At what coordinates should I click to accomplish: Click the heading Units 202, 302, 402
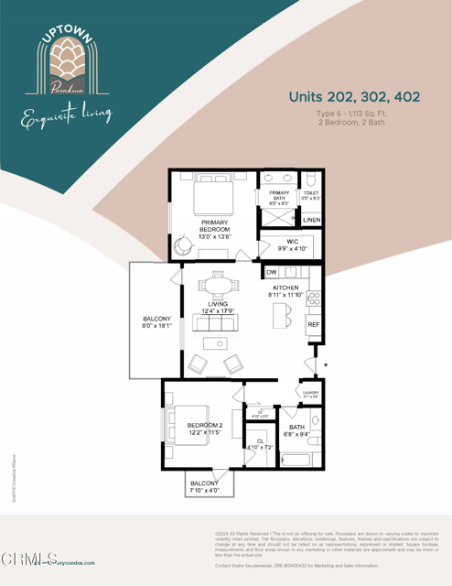tap(349, 97)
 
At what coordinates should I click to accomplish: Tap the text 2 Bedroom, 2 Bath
tap(349, 122)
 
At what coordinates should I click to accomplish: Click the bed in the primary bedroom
tap(216, 195)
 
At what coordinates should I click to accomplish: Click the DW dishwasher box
tap(272, 273)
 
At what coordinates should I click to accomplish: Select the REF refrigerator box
tap(313, 325)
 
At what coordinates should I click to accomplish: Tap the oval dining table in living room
tap(216, 286)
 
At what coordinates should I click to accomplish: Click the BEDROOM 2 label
tap(205, 426)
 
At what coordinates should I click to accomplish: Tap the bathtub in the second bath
tap(296, 460)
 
